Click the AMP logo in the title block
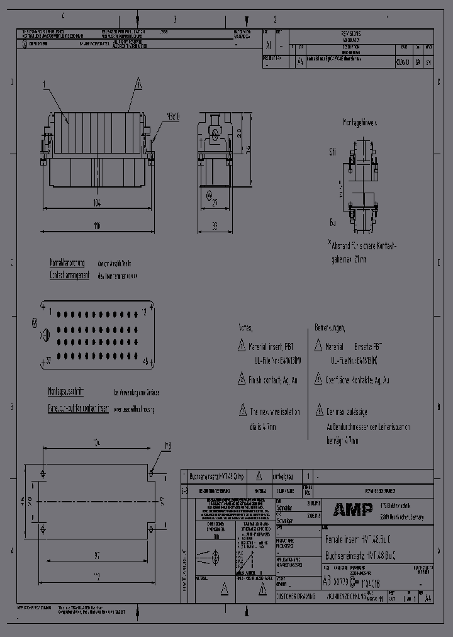352,510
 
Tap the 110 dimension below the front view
96,225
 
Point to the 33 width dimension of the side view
215,225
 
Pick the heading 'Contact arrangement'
69,276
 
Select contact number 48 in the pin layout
146,361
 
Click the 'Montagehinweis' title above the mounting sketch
359,123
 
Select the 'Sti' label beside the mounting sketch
332,152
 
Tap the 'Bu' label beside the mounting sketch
332,223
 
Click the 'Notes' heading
245,328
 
